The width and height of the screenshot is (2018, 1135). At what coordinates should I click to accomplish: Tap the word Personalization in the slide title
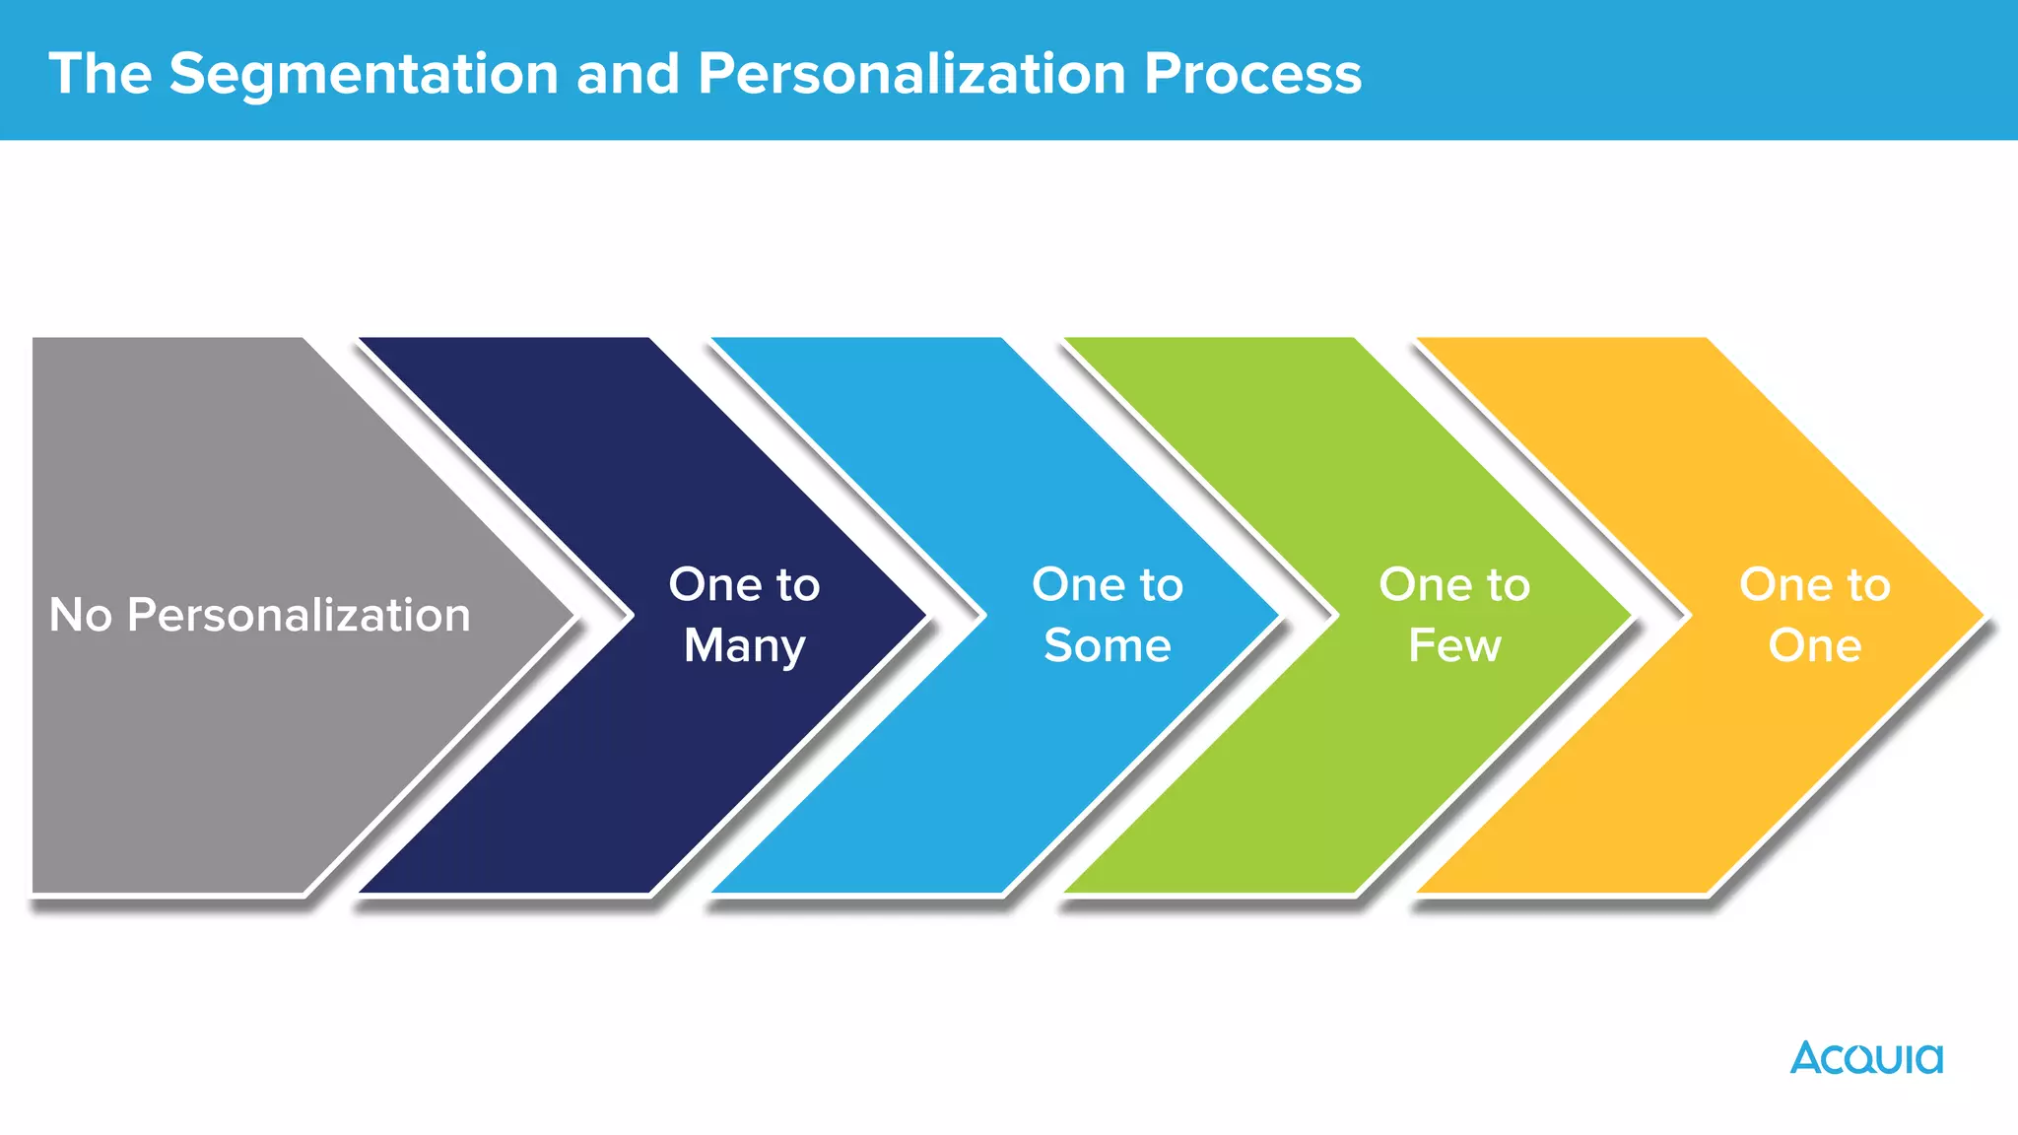click(x=911, y=74)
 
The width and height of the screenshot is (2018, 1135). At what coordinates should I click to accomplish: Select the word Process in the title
click(x=1252, y=74)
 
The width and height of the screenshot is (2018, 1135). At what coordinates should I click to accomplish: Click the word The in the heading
click(x=101, y=74)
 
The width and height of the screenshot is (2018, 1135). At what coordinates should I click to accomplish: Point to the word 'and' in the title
click(x=628, y=74)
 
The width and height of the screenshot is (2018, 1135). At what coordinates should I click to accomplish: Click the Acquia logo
click(x=1866, y=1058)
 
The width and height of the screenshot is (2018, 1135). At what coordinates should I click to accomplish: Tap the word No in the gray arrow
click(x=80, y=615)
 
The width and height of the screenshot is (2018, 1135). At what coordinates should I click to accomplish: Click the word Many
click(x=745, y=647)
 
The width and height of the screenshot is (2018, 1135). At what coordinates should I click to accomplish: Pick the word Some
click(x=1108, y=646)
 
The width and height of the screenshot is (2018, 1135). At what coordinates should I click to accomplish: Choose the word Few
click(x=1454, y=646)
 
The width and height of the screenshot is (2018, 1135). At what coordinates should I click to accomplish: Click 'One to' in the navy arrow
click(x=744, y=584)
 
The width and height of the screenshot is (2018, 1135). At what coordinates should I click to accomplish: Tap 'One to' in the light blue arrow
click(x=1108, y=584)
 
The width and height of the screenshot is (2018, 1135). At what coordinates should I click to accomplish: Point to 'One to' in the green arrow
click(x=1454, y=584)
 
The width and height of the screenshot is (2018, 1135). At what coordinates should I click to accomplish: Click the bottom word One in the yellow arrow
click(x=1815, y=646)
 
